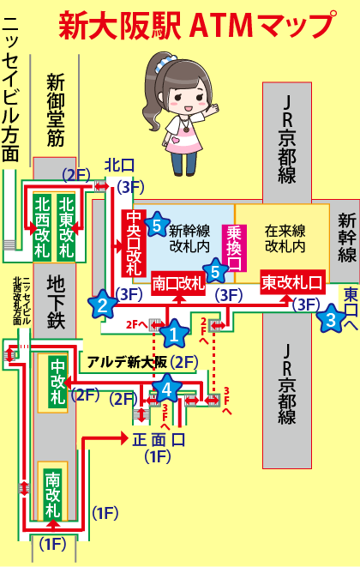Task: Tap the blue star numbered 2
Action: pyautogui.click(x=103, y=305)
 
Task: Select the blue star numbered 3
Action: pyautogui.click(x=330, y=318)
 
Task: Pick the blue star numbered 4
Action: pyautogui.click(x=166, y=388)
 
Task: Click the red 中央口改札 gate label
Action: pyautogui.click(x=134, y=243)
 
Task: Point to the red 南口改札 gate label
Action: pyautogui.click(x=178, y=283)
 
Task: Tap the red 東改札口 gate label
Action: pyautogui.click(x=293, y=281)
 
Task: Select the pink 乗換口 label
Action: pyautogui.click(x=234, y=248)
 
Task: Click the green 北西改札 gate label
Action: pyautogui.click(x=42, y=226)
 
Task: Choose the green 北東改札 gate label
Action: pyautogui.click(x=66, y=226)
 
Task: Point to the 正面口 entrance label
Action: pyautogui.click(x=159, y=439)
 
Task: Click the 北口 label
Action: pyautogui.click(x=119, y=166)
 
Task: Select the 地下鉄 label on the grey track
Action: pyautogui.click(x=56, y=302)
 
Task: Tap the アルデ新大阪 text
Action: pyautogui.click(x=127, y=362)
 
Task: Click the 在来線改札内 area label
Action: pyautogui.click(x=285, y=238)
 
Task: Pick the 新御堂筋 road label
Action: pyautogui.click(x=56, y=110)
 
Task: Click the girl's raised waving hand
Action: pyautogui.click(x=213, y=108)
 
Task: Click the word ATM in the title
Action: pyautogui.click(x=221, y=26)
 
